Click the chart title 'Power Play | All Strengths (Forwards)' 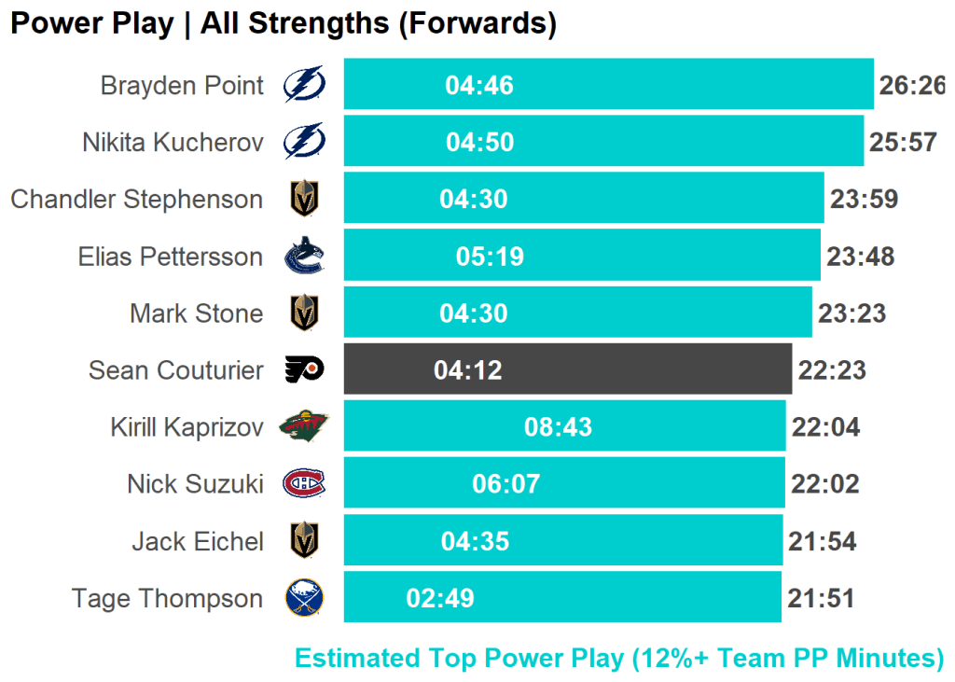[284, 23]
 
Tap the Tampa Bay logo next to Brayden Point [305, 86]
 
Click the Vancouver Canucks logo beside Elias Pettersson [304, 257]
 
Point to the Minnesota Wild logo [304, 427]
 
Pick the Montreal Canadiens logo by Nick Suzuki [304, 484]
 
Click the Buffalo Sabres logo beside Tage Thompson [304, 598]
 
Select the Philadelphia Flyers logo [304, 370]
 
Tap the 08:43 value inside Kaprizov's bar [558, 427]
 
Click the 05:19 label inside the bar [490, 257]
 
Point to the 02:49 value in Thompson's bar [440, 598]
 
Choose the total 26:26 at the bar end [911, 86]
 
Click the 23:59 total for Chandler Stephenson [864, 200]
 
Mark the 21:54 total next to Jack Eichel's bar [822, 541]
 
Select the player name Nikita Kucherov [173, 143]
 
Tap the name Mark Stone [196, 313]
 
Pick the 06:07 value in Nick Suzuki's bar [506, 484]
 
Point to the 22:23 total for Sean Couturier [832, 370]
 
